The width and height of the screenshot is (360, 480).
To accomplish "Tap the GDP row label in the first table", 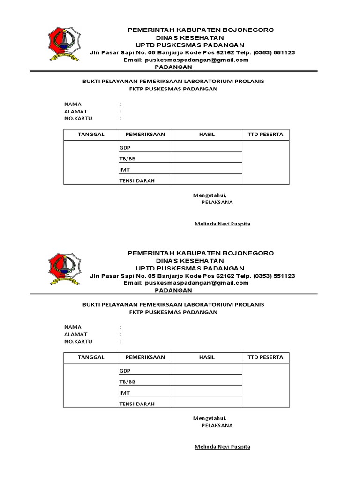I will (124, 148).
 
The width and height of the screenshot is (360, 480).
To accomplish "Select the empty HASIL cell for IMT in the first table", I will (207, 169).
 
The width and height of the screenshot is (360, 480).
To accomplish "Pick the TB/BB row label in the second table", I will (127, 382).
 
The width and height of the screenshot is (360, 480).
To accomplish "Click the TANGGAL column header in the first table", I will (91, 135).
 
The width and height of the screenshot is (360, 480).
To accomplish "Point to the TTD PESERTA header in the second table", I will (265, 357).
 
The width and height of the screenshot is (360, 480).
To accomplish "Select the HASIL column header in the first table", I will (207, 135).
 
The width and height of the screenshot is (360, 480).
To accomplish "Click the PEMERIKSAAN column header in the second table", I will (145, 357).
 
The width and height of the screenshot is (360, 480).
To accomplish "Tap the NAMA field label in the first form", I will (73, 104).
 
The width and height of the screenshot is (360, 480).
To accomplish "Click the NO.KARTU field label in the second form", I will (78, 342).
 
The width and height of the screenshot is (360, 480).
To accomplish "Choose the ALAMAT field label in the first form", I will (75, 112).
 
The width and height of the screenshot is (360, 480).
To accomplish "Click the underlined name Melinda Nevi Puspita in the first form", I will (222, 224).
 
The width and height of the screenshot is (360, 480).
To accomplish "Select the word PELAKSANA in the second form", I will (217, 426).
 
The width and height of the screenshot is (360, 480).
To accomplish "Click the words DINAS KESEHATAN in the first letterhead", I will (189, 37).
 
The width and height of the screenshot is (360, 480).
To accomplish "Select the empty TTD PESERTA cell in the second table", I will (265, 387).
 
